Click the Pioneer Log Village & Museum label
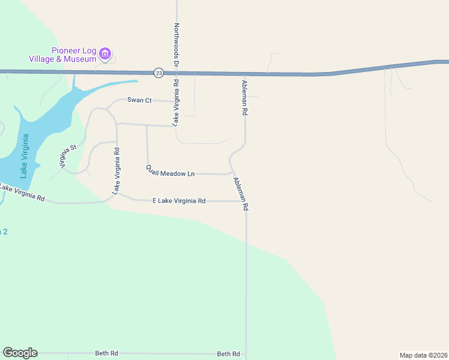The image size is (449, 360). coord(62,55)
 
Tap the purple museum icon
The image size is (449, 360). coord(106,55)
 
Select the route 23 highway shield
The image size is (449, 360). coord(158,73)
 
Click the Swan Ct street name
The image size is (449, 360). coord(139,100)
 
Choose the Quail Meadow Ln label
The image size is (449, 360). coord(170,171)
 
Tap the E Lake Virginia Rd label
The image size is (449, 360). coord(179,201)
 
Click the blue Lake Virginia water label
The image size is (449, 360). coord(25,156)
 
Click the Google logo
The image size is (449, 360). coord(20,353)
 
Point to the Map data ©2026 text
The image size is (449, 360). coord(423,355)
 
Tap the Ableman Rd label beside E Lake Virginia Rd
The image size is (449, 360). coord(241,193)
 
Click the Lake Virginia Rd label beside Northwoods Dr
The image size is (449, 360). coord(176,103)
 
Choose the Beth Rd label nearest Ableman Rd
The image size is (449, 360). coord(228,354)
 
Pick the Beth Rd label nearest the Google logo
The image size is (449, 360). coord(106,353)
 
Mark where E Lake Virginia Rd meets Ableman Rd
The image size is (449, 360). coord(246,202)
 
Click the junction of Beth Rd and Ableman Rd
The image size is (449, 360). coord(246,354)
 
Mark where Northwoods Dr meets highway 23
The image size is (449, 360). coord(177,73)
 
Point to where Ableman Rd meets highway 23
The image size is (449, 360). coord(244,74)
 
